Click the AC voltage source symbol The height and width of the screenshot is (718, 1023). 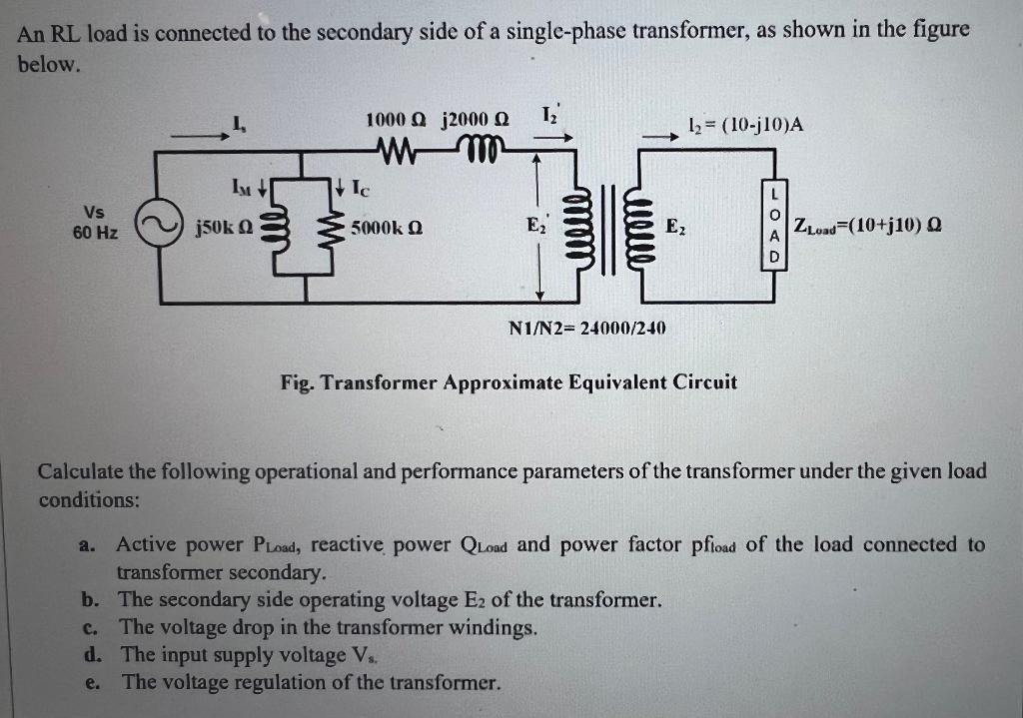[x=160, y=227]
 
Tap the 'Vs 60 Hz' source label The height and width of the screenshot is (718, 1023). [x=95, y=222]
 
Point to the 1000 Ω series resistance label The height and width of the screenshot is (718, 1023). [x=397, y=120]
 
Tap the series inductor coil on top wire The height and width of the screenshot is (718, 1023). [x=484, y=151]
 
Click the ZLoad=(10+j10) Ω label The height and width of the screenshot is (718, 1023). [x=865, y=228]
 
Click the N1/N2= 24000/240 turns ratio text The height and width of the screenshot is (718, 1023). [x=588, y=328]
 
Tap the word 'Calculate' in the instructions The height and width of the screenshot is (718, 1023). [x=81, y=471]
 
